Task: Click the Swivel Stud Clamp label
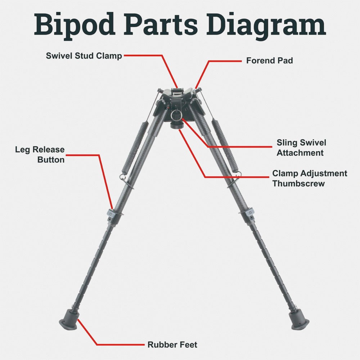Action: point(84,56)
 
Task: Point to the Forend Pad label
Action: point(269,61)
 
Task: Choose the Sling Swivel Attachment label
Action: point(301,148)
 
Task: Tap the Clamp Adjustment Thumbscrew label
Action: point(310,178)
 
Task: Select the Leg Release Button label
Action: point(40,154)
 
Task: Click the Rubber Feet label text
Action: point(172,345)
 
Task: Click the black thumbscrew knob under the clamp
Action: point(176,126)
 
